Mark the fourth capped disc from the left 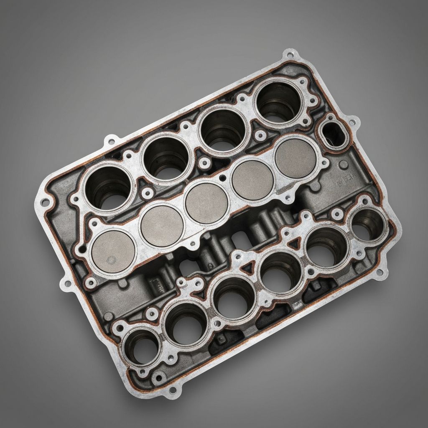tap(252, 181)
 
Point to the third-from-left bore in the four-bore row tap(222, 128)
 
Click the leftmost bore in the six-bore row tap(141, 345)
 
